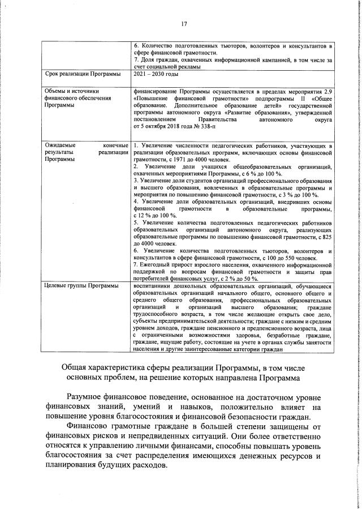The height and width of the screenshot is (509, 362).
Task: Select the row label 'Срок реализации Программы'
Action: [78, 74]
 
